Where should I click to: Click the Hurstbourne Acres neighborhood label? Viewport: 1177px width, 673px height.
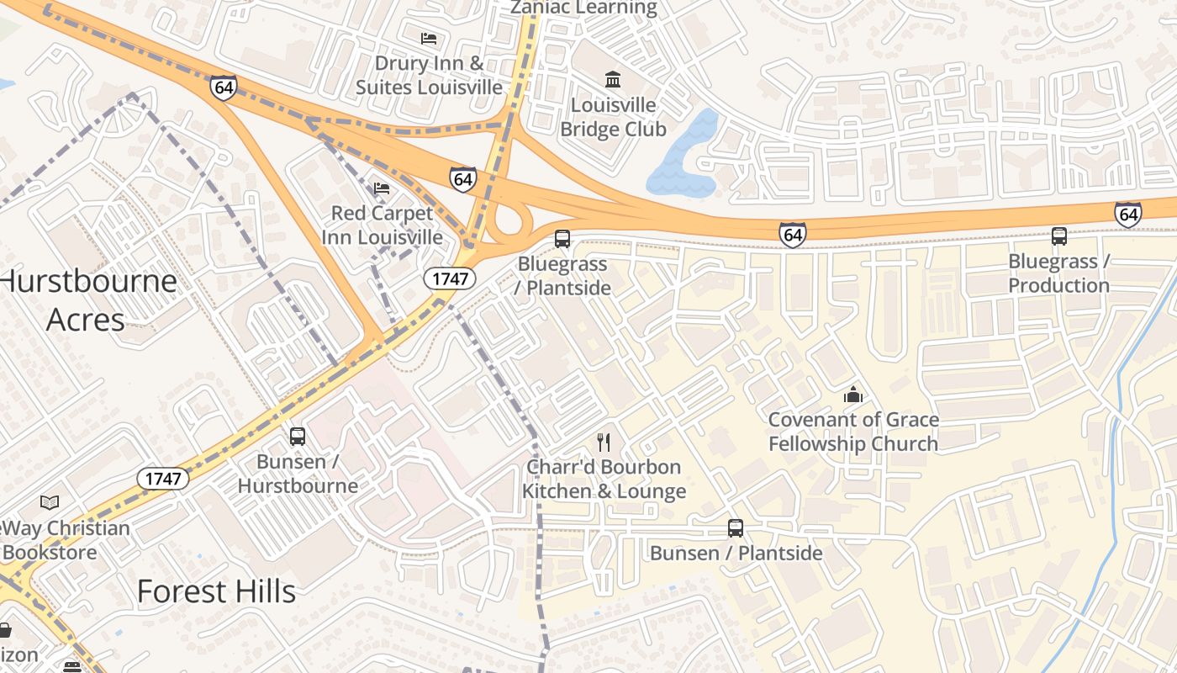(87, 299)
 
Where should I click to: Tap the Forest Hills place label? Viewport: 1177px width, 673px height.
(216, 591)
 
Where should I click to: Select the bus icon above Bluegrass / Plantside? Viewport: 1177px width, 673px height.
(562, 239)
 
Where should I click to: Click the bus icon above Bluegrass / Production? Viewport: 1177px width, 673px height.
(1059, 236)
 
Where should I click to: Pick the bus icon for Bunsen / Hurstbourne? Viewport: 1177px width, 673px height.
(298, 436)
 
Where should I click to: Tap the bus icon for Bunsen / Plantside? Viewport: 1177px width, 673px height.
(736, 528)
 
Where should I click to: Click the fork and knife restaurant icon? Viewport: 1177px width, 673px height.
(603, 442)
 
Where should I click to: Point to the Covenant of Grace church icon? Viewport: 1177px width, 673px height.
(853, 395)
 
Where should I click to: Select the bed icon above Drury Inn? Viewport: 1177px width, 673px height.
(429, 39)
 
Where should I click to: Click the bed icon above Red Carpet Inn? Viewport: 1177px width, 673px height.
(382, 188)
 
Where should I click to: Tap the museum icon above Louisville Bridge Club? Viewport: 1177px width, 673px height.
(613, 80)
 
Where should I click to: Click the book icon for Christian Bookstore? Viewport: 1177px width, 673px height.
(50, 503)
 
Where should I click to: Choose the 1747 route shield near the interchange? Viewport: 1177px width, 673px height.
(450, 278)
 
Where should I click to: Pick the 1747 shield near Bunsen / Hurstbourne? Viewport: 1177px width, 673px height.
(163, 479)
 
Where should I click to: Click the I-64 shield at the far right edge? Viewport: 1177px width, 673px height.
(1128, 214)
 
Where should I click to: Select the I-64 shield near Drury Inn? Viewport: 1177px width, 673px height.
(224, 87)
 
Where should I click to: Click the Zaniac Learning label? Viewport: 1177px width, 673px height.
(584, 8)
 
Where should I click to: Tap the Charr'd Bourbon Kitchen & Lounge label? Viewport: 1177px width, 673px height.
(604, 480)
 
